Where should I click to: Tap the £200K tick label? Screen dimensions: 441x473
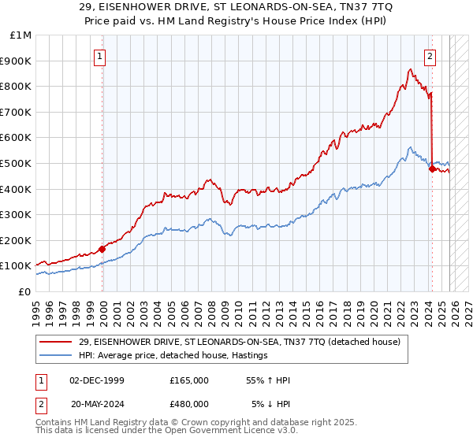click(x=16, y=240)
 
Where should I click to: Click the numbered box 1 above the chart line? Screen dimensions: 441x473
click(x=101, y=56)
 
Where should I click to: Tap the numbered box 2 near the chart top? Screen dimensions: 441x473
click(x=430, y=56)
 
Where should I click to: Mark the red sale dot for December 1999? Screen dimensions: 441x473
click(x=102, y=249)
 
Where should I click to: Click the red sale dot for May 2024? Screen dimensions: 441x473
click(x=432, y=168)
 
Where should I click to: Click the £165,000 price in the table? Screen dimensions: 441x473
click(x=189, y=380)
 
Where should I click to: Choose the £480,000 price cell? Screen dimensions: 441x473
click(x=189, y=406)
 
